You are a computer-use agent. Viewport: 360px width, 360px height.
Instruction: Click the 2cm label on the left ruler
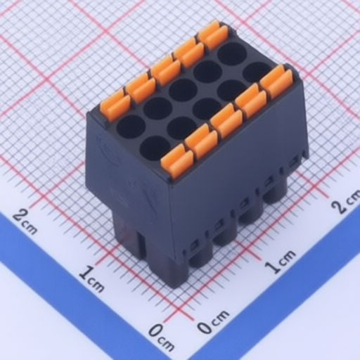pos(25,221)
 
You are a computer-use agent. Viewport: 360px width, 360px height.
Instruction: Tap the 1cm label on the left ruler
pos(91,278)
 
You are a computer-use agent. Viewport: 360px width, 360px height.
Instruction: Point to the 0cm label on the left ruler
pos(162,337)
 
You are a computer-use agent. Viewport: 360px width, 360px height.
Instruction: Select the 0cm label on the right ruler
pos(213,321)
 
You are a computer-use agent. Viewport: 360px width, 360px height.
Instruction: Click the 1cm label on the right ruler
pos(280,262)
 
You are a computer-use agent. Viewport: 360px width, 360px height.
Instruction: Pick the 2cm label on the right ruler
pos(347,201)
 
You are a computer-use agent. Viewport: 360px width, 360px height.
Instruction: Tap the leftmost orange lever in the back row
pos(115,105)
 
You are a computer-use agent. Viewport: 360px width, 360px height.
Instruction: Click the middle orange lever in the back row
pos(166,71)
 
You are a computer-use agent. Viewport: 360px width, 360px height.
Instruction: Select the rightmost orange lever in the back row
pos(213,34)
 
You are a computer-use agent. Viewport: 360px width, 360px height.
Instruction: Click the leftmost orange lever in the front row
pos(177,161)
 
